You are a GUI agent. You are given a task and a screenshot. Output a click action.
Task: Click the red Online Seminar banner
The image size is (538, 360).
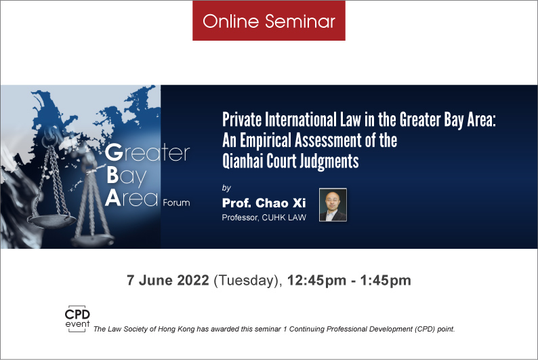pos(268,20)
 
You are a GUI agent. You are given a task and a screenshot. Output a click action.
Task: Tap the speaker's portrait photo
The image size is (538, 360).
pos(333,205)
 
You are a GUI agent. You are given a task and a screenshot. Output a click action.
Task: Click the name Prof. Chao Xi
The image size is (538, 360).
pos(264,203)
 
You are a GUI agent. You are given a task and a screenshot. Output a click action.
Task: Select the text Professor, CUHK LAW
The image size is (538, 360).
pos(264,217)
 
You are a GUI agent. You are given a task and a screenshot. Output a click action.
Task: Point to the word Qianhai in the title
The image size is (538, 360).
pos(243,161)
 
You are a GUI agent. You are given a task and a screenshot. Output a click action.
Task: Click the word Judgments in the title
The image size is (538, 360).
pos(329,161)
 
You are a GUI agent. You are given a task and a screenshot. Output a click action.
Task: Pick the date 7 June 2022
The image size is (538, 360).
pos(168,280)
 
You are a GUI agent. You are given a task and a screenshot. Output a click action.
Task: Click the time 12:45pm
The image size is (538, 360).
pos(316,281)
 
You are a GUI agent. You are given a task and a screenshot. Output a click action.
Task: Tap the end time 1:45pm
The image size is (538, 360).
pos(386,281)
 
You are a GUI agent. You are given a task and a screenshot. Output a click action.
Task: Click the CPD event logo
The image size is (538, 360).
pos(77,319)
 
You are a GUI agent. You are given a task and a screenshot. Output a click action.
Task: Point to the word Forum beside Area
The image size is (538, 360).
pos(176,203)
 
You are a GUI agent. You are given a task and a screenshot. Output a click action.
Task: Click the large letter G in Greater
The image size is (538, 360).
pos(114,152)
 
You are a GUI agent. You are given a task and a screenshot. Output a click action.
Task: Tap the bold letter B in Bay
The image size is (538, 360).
pos(112,176)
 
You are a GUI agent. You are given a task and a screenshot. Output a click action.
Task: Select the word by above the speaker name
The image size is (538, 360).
pos(226,188)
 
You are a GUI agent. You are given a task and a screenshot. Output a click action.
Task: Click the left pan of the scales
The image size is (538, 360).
pos(51,221)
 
